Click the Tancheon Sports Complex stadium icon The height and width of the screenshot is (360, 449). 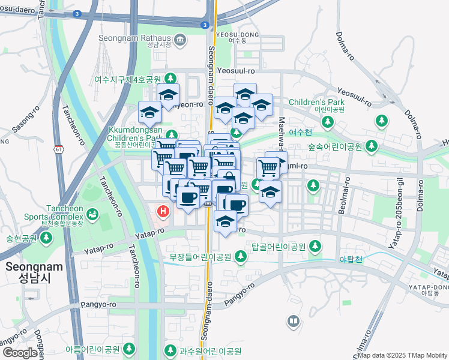pyautogui.click(x=92, y=213)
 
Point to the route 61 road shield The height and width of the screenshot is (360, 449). pyautogui.click(x=58, y=148)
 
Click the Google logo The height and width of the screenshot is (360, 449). pyautogui.click(x=20, y=353)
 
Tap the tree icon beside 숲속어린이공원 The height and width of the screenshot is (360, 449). pyautogui.click(x=372, y=146)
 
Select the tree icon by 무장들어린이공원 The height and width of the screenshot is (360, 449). pyautogui.click(x=241, y=257)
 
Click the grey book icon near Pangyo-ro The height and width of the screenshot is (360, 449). pyautogui.click(x=294, y=322)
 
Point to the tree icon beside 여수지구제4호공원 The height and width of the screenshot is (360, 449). pyautogui.click(x=170, y=79)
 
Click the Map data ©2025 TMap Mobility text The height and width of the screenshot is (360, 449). pyautogui.click(x=402, y=355)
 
